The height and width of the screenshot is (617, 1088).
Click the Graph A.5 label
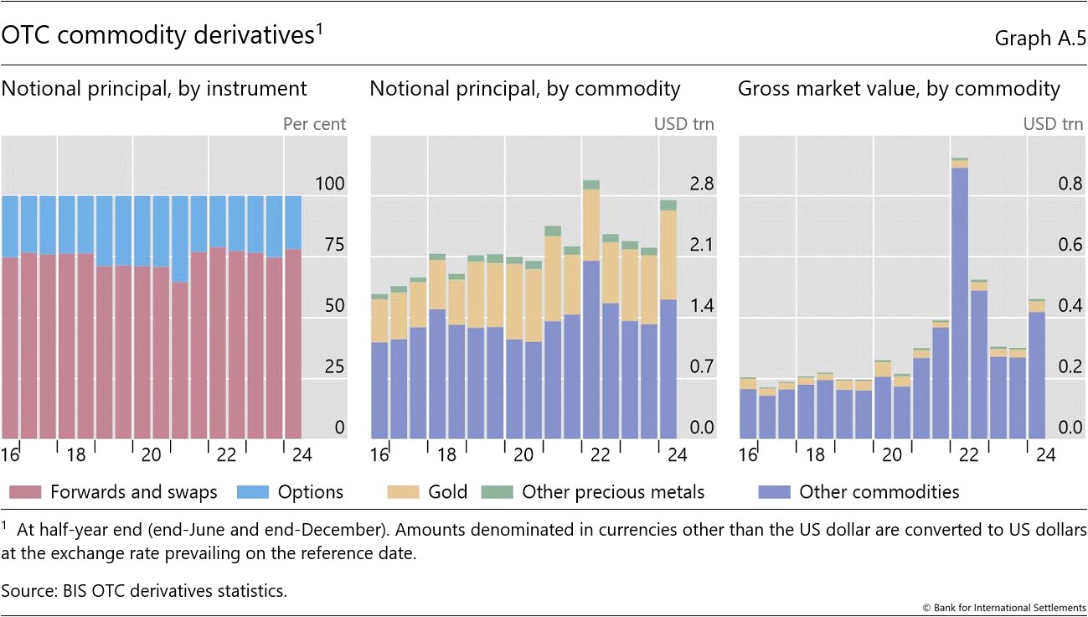click(1040, 38)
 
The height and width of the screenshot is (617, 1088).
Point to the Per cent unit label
click(314, 124)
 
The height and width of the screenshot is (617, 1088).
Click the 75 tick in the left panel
click(333, 245)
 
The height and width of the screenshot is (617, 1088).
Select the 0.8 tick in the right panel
click(1048, 184)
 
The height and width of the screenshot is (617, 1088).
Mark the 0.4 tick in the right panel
click(1048, 305)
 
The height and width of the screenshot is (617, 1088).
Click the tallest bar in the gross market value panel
click(960, 302)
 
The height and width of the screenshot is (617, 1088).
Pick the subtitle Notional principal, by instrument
click(154, 89)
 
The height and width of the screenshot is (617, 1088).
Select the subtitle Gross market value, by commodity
click(899, 89)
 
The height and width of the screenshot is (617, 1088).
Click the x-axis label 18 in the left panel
click(75, 455)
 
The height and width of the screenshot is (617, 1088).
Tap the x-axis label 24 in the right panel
click(1045, 455)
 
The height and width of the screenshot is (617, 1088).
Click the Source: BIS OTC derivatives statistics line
click(144, 590)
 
